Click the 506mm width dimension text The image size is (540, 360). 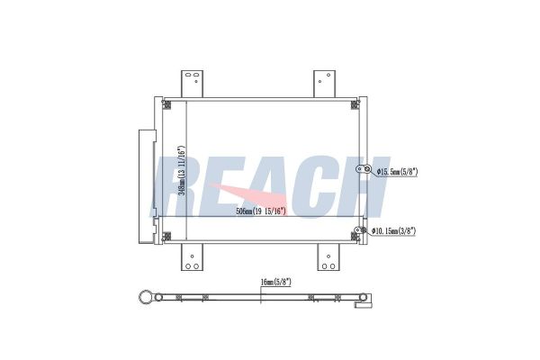261,211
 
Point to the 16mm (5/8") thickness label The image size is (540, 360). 275,282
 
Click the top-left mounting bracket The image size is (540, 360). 191,83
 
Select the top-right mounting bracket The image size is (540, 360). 324,83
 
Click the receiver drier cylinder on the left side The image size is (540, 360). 145,186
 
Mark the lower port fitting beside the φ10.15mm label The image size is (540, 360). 362,231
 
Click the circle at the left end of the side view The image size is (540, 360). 143,296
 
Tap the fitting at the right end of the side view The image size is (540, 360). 364,300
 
